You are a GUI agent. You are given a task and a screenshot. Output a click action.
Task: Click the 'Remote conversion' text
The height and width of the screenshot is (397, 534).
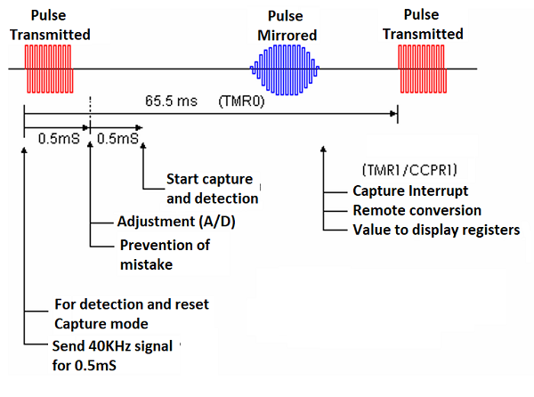pos(417,210)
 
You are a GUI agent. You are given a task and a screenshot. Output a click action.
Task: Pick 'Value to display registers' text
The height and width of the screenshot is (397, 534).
pos(435,230)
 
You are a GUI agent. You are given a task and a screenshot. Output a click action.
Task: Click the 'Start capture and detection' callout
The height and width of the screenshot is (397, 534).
pos(212,189)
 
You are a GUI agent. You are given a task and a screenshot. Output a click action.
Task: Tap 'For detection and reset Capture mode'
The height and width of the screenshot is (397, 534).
pos(131,312)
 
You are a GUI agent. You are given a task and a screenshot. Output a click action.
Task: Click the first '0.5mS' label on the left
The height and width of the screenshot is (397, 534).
pos(55,139)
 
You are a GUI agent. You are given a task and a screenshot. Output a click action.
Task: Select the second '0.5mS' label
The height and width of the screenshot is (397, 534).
pos(117,139)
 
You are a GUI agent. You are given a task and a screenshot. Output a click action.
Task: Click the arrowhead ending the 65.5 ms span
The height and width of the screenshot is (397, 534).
pos(392,112)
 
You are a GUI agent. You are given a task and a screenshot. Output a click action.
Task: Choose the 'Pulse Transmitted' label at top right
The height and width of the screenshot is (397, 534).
pos(423,25)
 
